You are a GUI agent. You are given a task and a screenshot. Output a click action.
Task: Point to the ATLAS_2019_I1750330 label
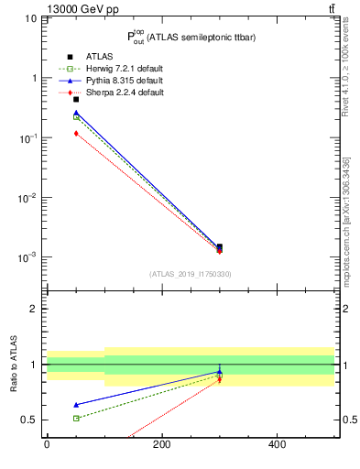pos(190,274)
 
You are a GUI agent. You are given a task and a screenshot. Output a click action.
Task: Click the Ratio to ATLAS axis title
pos(16,364)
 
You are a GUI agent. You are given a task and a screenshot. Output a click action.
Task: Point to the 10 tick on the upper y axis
pos(31,18)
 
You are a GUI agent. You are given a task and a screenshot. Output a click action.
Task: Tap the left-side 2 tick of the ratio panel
pos(34,309)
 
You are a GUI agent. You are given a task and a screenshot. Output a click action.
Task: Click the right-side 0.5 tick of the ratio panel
pos(349,420)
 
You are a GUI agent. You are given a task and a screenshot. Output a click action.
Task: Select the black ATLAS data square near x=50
pos(76,99)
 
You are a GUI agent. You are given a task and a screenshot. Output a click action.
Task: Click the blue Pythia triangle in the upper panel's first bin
pos(76,113)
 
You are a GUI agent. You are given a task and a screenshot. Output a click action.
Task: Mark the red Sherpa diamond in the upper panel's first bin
pos(76,134)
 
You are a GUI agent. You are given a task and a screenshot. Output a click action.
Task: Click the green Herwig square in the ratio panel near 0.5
pos(76,418)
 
